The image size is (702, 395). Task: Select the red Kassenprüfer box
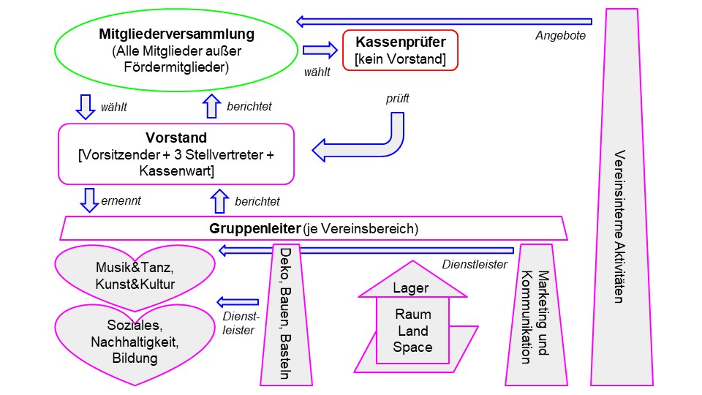(x=400, y=50)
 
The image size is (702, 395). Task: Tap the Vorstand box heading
(x=176, y=138)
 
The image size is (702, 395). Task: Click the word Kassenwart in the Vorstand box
(x=176, y=172)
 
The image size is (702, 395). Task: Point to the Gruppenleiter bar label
(x=314, y=229)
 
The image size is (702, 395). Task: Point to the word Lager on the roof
(x=411, y=288)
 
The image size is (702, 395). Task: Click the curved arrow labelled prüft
(x=366, y=143)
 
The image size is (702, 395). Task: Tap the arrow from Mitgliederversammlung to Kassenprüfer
(x=318, y=50)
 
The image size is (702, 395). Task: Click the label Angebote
(x=560, y=35)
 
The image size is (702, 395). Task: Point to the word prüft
(x=398, y=97)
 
